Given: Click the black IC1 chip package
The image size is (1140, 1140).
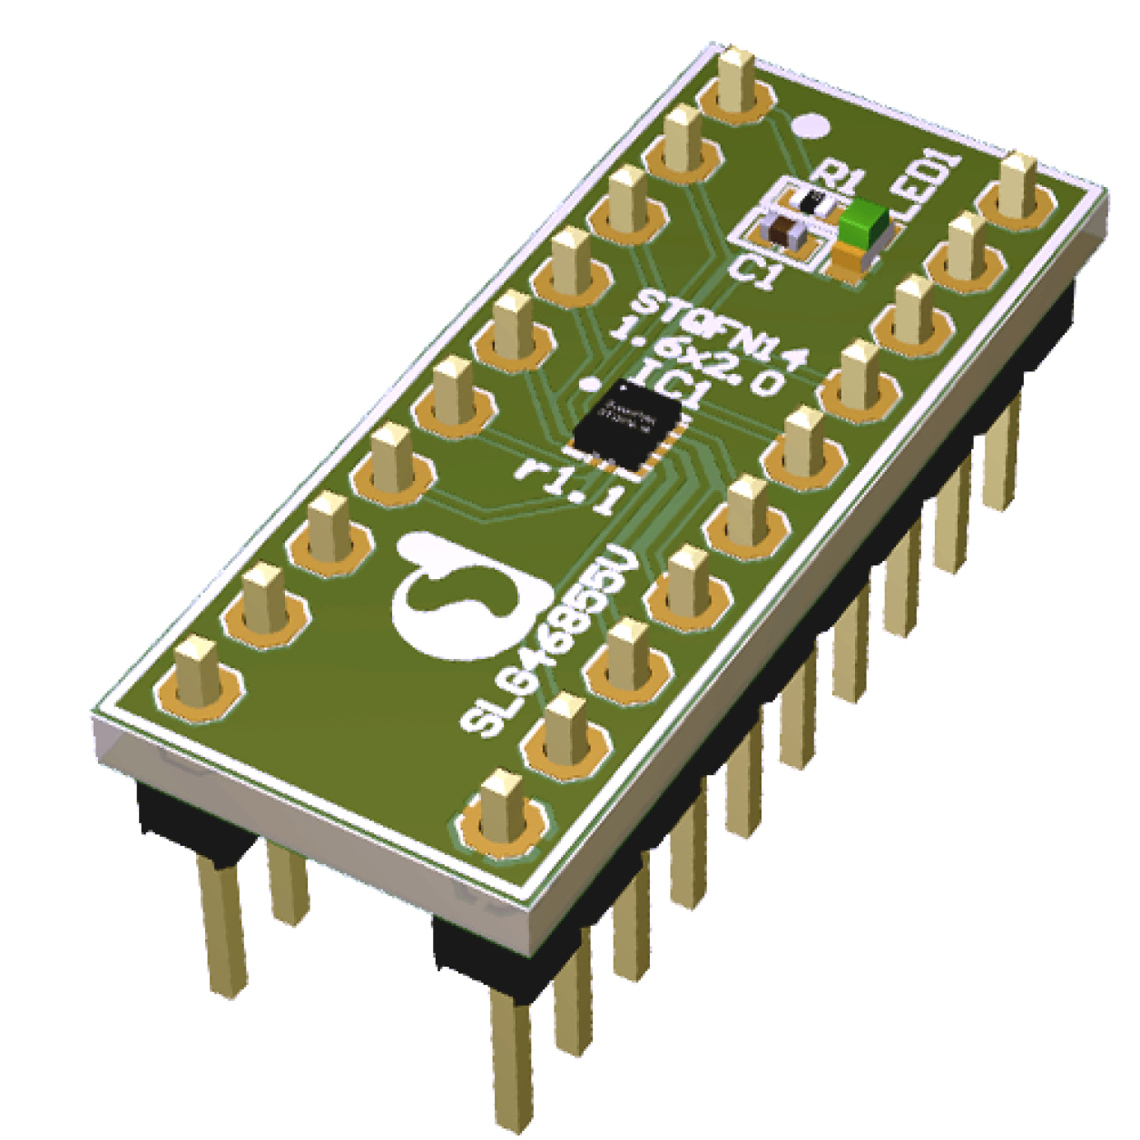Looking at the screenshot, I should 628,426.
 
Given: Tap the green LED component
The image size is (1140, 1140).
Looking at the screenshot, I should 864,222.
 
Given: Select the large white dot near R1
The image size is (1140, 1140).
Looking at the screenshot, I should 810,126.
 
